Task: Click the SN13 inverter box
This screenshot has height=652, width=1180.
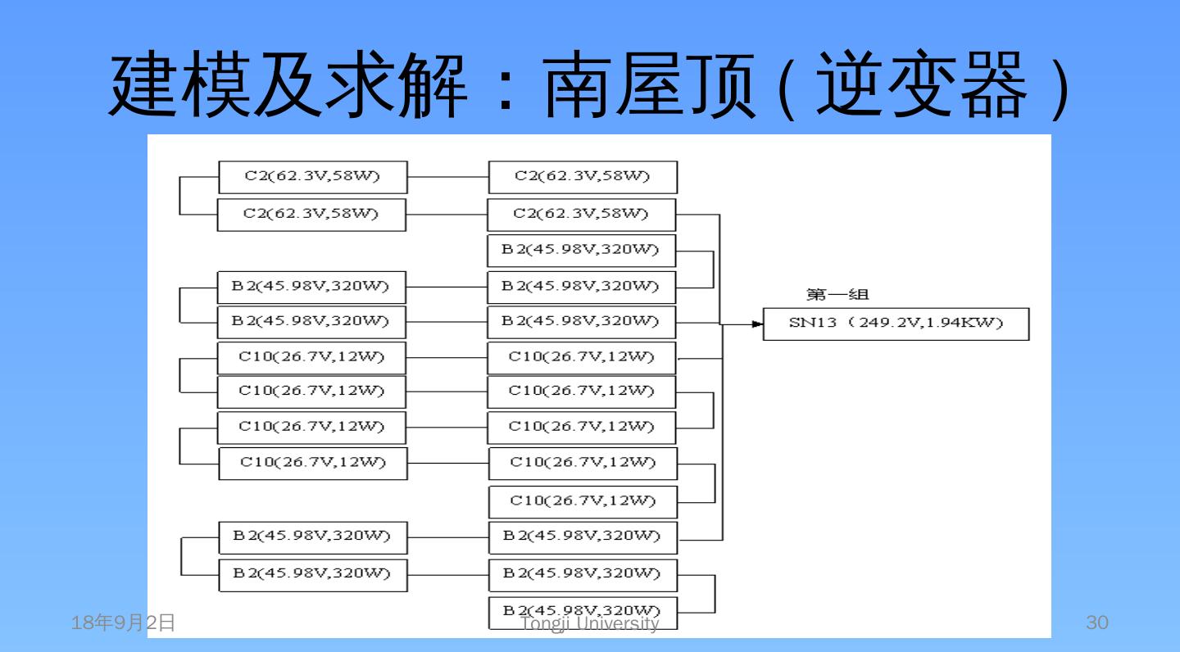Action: [896, 324]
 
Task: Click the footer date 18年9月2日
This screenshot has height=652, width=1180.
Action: [124, 623]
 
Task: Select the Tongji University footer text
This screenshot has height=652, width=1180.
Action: [590, 624]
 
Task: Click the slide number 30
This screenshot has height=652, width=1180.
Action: [1096, 623]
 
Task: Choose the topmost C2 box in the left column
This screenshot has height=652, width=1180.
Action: [312, 177]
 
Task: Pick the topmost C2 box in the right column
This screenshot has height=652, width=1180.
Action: [583, 177]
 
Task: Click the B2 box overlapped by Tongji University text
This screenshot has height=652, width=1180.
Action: [583, 613]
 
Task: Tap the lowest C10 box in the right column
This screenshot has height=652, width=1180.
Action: [583, 500]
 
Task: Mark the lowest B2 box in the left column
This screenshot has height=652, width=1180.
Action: [312, 573]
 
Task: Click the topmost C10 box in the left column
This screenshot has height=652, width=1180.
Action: [311, 356]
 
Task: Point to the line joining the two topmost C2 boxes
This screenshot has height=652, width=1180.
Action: [447, 177]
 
